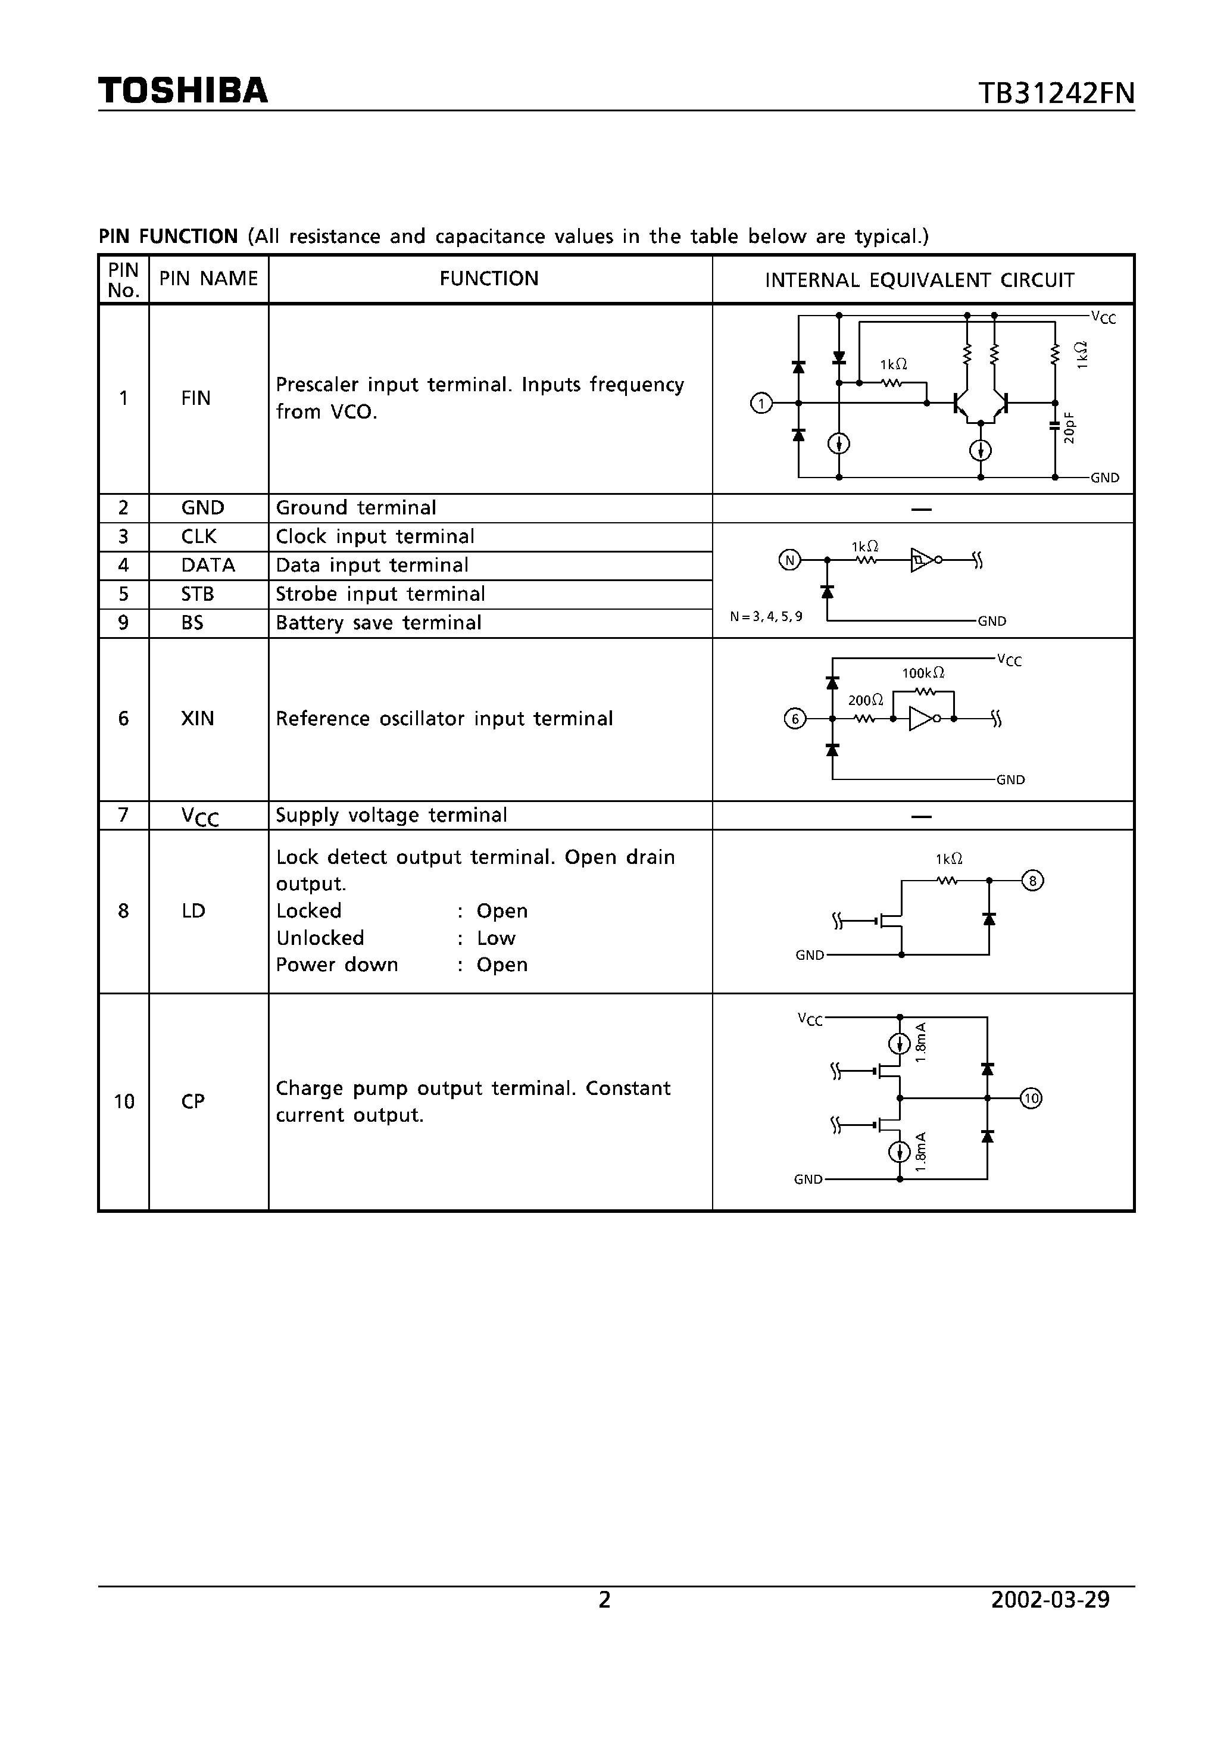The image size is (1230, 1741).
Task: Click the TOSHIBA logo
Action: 183,91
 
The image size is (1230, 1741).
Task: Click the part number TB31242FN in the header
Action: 1056,93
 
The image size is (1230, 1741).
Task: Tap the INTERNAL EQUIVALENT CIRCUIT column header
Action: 919,280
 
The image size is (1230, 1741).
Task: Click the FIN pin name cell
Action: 196,398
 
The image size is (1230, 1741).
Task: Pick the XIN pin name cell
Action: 197,718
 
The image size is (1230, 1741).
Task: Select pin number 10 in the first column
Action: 124,1101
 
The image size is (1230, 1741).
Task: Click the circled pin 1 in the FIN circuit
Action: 761,404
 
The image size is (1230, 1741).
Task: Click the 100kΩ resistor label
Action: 923,673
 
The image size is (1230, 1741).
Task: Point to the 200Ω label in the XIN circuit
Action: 865,700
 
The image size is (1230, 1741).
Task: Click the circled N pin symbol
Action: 789,560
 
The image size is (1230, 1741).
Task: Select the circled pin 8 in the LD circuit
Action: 1033,881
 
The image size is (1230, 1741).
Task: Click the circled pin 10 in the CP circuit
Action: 1031,1098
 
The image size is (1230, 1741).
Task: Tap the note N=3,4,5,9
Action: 766,616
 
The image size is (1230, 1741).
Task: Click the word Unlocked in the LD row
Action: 320,938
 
